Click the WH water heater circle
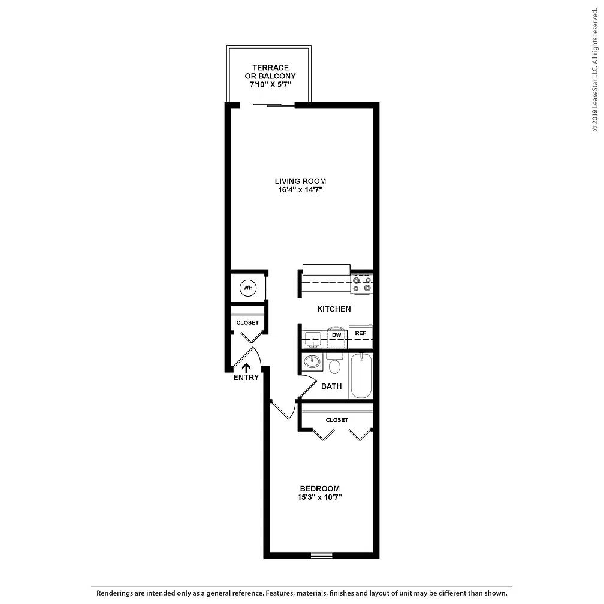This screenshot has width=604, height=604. point(247,288)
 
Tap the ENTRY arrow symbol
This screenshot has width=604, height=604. point(246,368)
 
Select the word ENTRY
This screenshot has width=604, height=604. point(246,377)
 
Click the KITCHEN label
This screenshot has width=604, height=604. point(334,309)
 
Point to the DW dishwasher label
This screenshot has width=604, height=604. point(337,335)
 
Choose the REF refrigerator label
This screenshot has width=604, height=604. point(361,333)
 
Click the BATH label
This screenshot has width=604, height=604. point(331,386)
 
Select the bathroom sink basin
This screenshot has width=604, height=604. point(312,362)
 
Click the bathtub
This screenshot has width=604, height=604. point(361,376)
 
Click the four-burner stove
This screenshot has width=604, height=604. point(362,284)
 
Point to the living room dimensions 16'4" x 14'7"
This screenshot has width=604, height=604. point(300,189)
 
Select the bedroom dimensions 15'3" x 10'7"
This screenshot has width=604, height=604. point(319,497)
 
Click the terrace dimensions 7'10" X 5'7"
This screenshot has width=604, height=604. point(270,84)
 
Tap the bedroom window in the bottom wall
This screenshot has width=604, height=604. point(322,555)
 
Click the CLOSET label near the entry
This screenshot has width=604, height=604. point(247,323)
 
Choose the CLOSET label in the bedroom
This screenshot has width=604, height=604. point(337,420)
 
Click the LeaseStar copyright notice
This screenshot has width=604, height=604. point(595,70)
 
